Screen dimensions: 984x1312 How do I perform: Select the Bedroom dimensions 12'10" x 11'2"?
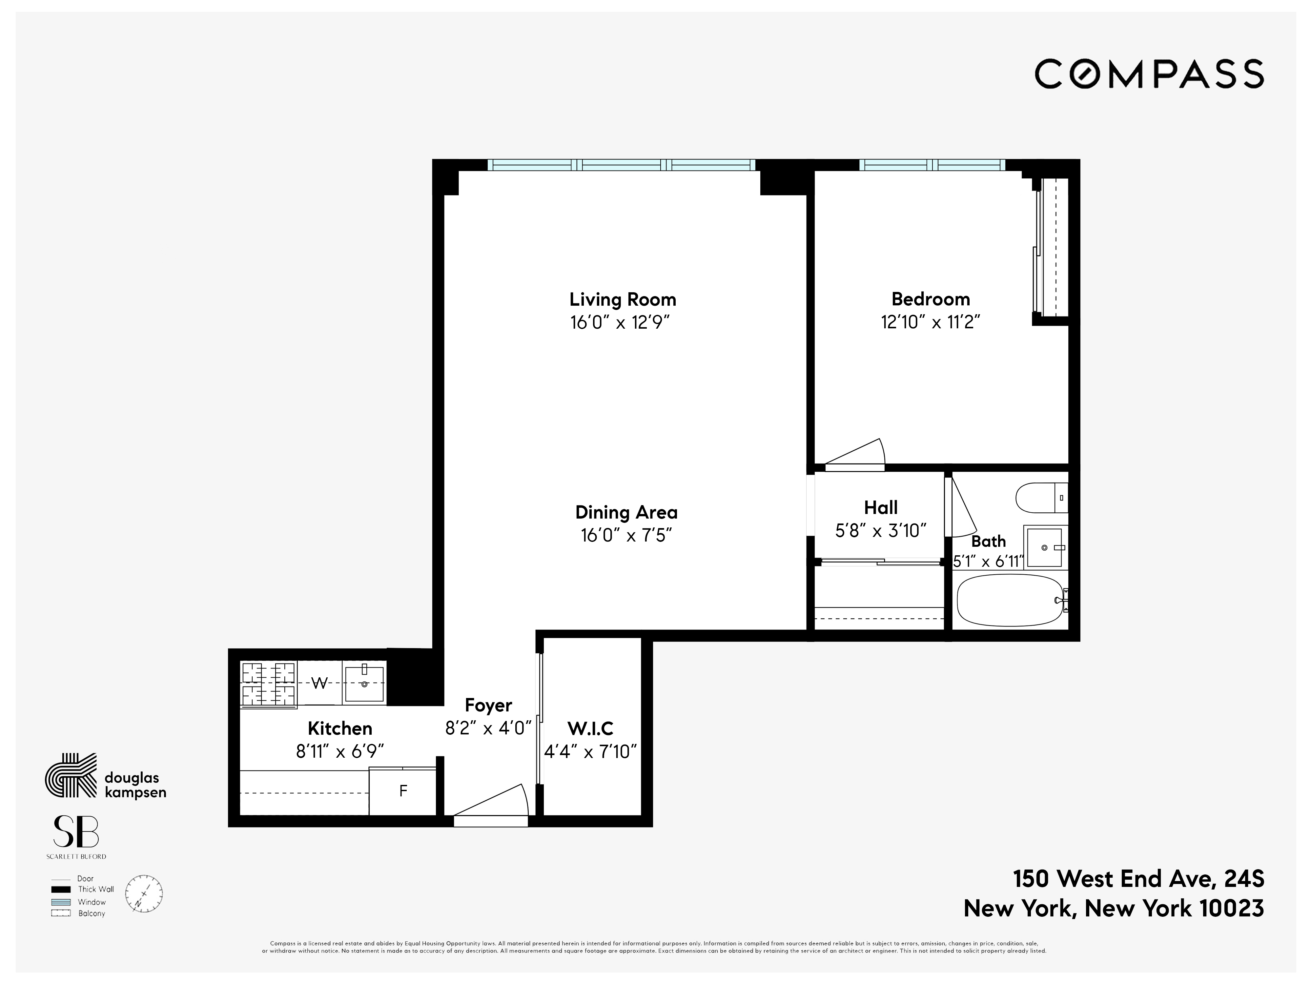[930, 322]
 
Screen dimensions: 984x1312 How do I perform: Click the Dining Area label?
[626, 512]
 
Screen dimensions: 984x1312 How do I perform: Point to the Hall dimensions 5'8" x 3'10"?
[881, 530]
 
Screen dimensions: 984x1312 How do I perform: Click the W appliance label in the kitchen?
[319, 683]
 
